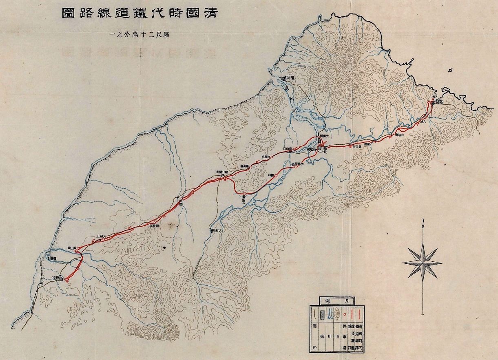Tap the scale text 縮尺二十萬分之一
(x=139, y=35)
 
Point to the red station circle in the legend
(x=345, y=315)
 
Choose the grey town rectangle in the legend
(x=322, y=315)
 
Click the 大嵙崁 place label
(x=216, y=231)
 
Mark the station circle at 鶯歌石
(x=243, y=193)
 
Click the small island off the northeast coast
(x=449, y=71)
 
